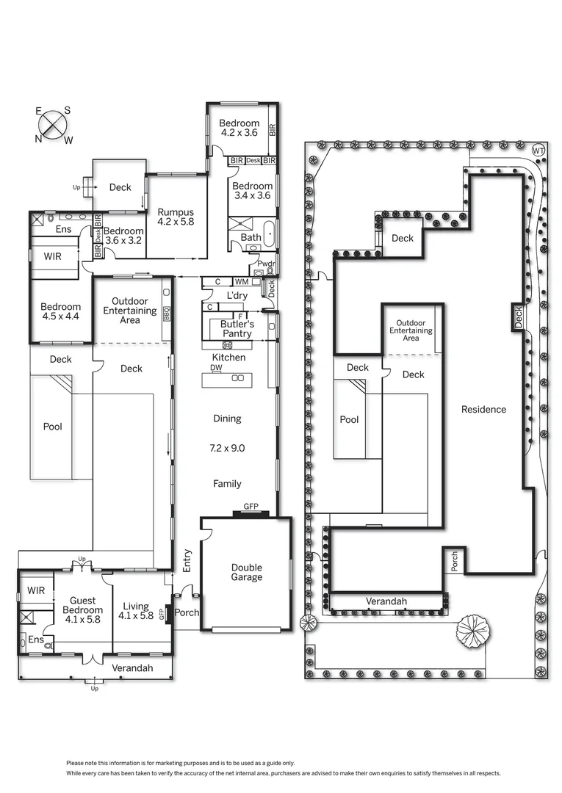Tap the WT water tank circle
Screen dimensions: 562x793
tap(538, 151)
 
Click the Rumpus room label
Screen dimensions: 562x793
tap(175, 217)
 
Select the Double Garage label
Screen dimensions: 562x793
tap(246, 572)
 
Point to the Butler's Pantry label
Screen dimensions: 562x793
tap(236, 328)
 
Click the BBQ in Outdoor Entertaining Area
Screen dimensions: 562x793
tap(166, 313)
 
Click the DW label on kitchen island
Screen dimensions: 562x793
tap(216, 368)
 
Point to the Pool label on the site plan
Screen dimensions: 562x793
tap(350, 420)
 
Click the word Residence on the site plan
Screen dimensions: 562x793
tap(483, 409)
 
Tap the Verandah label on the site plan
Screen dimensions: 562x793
tap(386, 601)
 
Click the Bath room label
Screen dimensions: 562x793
tap(250, 238)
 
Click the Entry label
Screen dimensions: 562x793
tap(187, 562)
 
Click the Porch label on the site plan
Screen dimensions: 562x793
tap(454, 562)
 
